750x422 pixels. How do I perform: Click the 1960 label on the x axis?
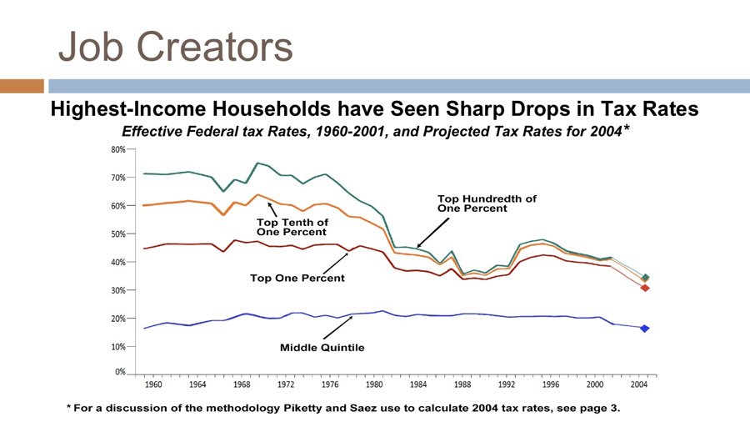coord(153,384)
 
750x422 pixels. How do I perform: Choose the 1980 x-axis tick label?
coord(374,384)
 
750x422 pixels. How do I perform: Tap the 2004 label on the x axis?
coord(639,384)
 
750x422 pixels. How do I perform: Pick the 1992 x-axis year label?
coord(507,384)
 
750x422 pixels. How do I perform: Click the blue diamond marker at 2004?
coord(645,329)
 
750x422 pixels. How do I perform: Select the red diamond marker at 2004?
coord(645,288)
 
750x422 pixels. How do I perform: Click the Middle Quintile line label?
coord(322,347)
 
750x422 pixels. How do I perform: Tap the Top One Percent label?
coord(297,278)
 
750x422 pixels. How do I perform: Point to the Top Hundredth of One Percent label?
coord(487,203)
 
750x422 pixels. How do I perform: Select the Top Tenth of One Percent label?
coord(292,227)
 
